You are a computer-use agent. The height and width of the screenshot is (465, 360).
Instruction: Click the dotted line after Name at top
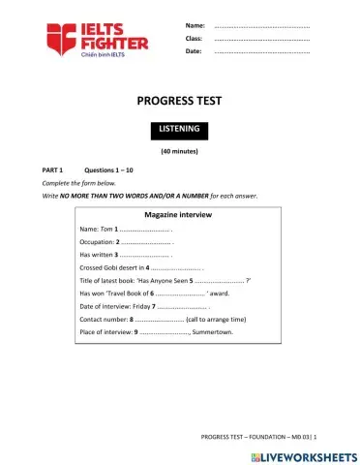(x=260, y=25)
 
